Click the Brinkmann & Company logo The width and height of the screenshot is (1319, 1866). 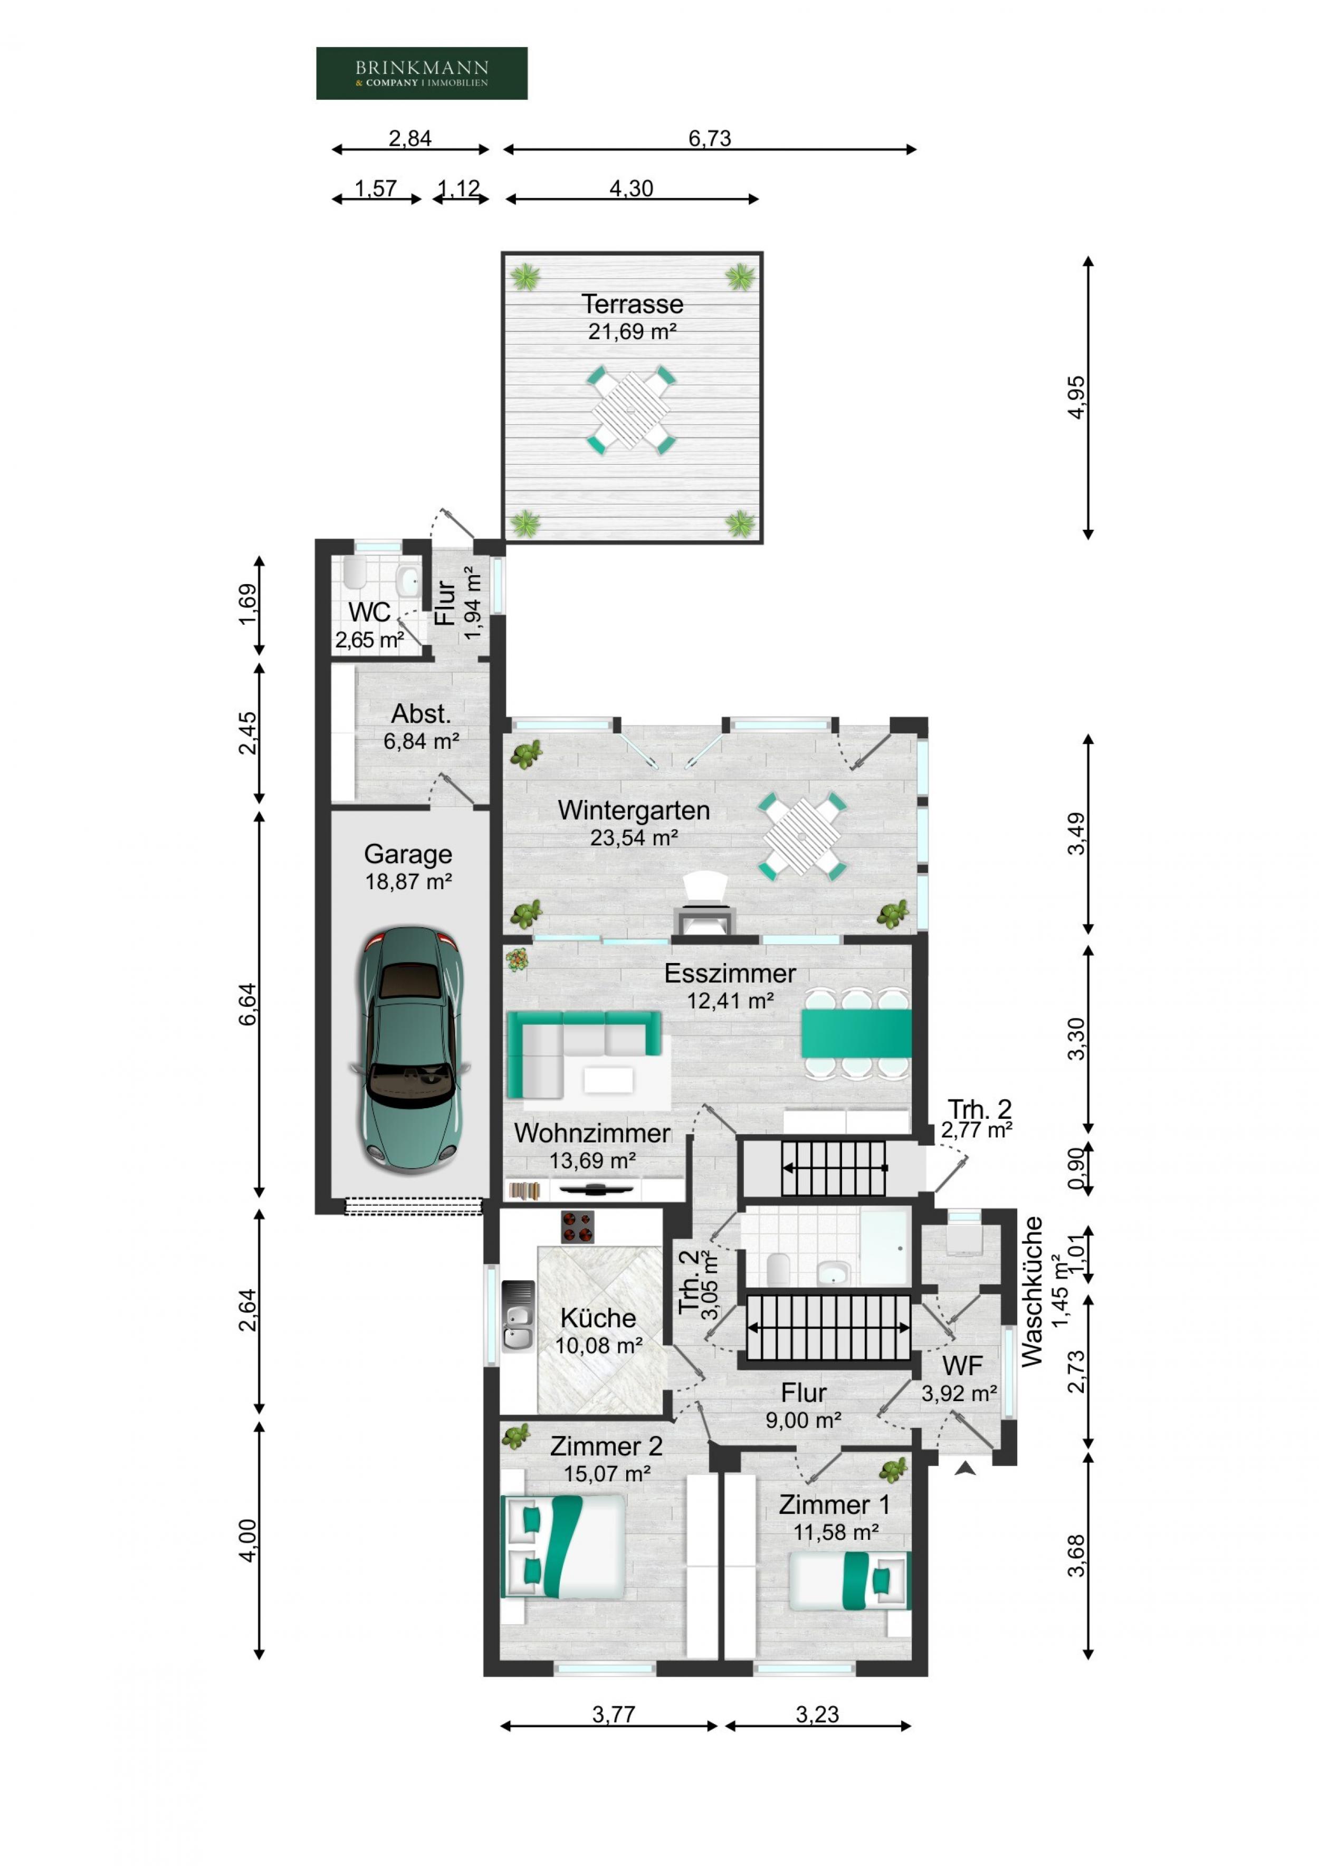click(421, 73)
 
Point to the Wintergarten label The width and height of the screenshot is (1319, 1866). click(633, 810)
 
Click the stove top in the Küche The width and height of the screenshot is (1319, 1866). click(577, 1227)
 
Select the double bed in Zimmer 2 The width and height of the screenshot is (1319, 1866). click(563, 1547)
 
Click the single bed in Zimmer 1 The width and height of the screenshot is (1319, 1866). click(849, 1581)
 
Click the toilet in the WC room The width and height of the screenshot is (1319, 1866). click(355, 572)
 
